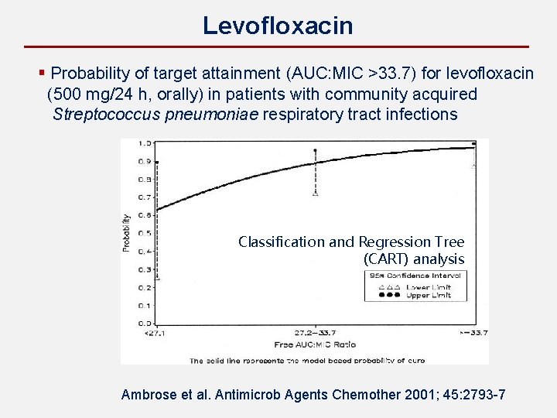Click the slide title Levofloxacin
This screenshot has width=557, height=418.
point(278,26)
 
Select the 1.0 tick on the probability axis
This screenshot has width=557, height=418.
point(144,143)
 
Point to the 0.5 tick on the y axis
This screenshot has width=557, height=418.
point(144,233)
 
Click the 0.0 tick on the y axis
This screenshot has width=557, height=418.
point(144,323)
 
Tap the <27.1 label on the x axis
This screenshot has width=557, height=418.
point(155,333)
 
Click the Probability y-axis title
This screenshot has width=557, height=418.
point(126,232)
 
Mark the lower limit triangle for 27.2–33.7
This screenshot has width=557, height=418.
point(315,194)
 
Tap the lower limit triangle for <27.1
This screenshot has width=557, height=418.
point(157,276)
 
